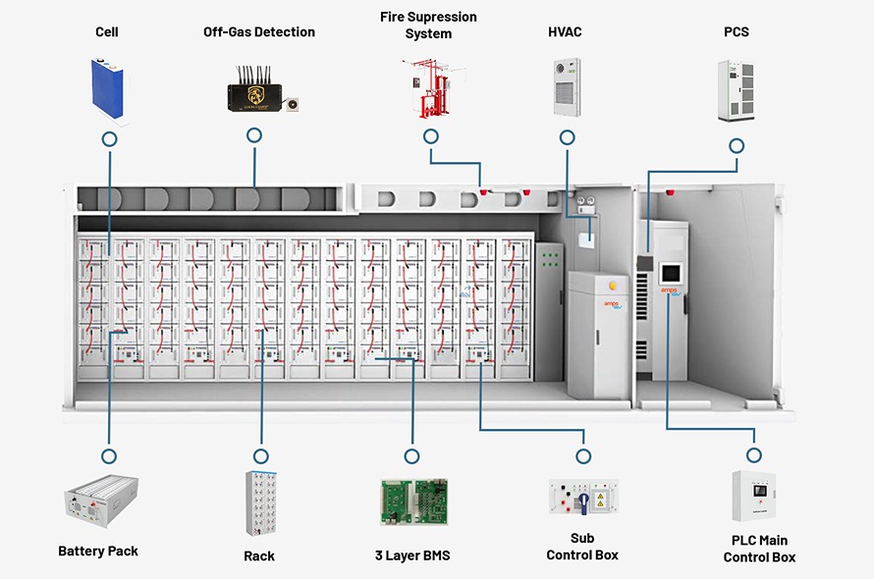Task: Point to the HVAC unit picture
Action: pos(567,88)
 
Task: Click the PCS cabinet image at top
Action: pos(736,91)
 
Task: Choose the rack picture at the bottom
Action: pos(260,502)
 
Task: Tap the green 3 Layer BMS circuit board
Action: pos(413,501)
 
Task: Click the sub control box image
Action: pos(583,499)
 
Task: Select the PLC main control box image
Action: pos(754,497)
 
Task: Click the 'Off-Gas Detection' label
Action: pos(259,32)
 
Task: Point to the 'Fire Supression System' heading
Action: pos(428,26)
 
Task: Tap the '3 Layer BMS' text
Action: pos(413,556)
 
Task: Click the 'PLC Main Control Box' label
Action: pos(759,549)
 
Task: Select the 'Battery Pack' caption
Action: pos(98,552)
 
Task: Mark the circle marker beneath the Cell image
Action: pos(109,139)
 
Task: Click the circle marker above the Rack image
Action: pos(260,456)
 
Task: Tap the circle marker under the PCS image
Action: pos(736,144)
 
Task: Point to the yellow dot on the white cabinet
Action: pos(613,286)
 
